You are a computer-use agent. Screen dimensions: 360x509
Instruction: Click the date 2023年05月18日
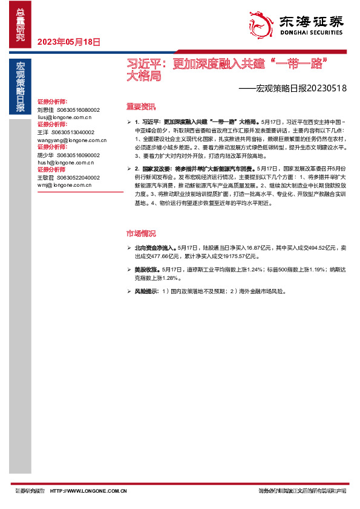[x=68, y=42]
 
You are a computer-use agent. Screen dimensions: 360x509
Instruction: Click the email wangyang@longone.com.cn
[x=71, y=140]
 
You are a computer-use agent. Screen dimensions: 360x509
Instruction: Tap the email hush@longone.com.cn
[x=65, y=163]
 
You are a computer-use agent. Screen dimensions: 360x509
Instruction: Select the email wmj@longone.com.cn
[x=64, y=185]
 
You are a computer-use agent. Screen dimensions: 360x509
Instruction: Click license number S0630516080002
[x=78, y=110]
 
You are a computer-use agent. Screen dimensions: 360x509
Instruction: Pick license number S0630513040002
[x=73, y=132]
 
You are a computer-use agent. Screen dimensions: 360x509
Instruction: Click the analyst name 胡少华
[x=45, y=155]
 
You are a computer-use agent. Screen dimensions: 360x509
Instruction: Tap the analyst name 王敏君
[x=45, y=178]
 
